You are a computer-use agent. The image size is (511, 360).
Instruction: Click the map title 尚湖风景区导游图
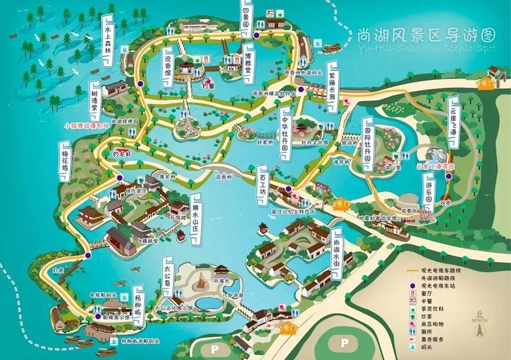416,35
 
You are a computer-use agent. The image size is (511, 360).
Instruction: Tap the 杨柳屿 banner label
138,303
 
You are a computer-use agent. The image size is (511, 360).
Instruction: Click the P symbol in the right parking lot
344,341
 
